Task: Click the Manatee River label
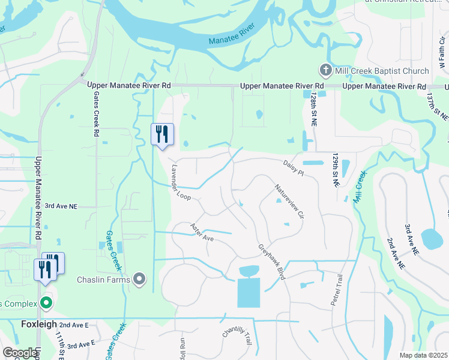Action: pos(232,35)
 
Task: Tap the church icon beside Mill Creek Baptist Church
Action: pos(325,71)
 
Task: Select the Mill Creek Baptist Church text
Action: pos(382,71)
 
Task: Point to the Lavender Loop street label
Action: pos(181,182)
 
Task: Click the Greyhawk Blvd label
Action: pos(271,262)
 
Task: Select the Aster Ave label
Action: pos(202,233)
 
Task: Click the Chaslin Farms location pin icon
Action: pos(139,280)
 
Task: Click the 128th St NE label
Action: pos(314,109)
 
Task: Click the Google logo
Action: pos(20,353)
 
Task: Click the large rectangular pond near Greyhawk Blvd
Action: pos(249,292)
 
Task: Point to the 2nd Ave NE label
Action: pos(394,253)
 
